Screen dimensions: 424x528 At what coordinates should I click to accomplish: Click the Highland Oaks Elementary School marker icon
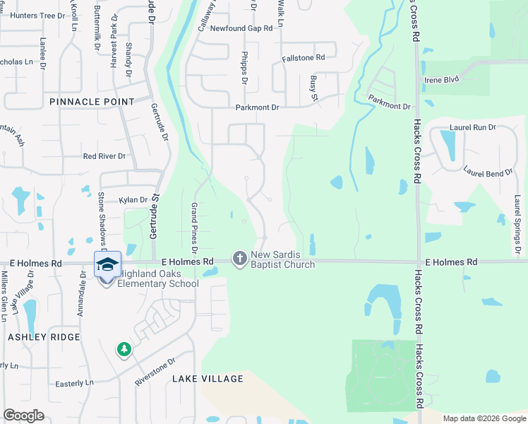point(107,266)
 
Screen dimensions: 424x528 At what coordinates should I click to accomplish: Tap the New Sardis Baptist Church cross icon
point(240,259)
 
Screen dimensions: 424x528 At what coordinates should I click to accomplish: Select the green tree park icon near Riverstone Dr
point(124,349)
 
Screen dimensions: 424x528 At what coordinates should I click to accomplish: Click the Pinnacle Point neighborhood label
point(92,102)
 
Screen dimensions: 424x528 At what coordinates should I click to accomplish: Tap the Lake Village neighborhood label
point(208,379)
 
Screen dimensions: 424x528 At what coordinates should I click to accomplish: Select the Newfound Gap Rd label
point(237,28)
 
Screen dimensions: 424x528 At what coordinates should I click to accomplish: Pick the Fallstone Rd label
point(303,57)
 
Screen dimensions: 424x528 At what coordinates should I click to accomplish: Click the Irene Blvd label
point(443,81)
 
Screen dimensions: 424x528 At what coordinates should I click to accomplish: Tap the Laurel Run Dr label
point(472,128)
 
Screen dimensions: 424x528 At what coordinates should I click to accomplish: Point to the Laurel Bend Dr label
point(488,171)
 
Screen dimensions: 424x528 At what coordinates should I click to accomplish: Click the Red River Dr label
point(104,156)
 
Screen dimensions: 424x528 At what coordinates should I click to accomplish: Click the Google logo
point(24,416)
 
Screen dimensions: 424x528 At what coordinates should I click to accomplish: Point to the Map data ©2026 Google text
point(484,418)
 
